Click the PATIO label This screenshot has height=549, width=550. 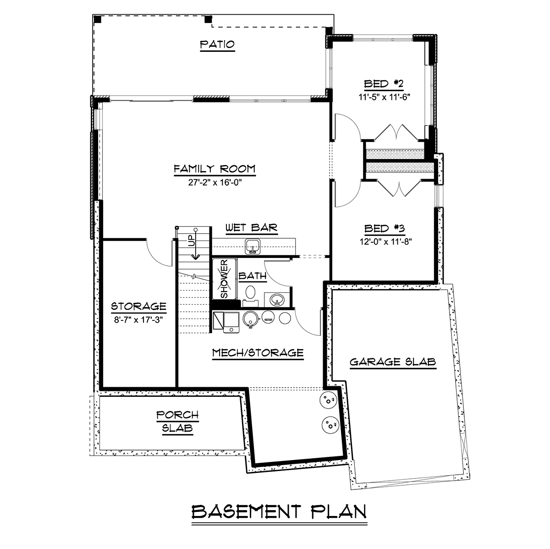click(218, 44)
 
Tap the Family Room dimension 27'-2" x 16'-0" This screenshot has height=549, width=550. click(215, 182)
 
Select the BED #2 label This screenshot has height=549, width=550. click(384, 84)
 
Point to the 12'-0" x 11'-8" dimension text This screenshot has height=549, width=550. click(385, 242)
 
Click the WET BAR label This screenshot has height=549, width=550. click(252, 228)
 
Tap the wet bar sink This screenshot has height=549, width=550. click(253, 247)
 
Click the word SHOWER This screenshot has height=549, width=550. click(224, 278)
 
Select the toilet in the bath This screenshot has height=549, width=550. click(251, 295)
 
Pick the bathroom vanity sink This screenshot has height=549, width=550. click(277, 300)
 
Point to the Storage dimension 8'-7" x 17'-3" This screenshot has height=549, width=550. click(138, 320)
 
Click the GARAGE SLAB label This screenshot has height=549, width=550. click(393, 362)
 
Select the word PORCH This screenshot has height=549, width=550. click(177, 415)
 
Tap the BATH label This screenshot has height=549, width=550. click(253, 276)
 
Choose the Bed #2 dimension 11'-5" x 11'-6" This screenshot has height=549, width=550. click(384, 97)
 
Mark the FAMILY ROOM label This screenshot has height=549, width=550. click(214, 169)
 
